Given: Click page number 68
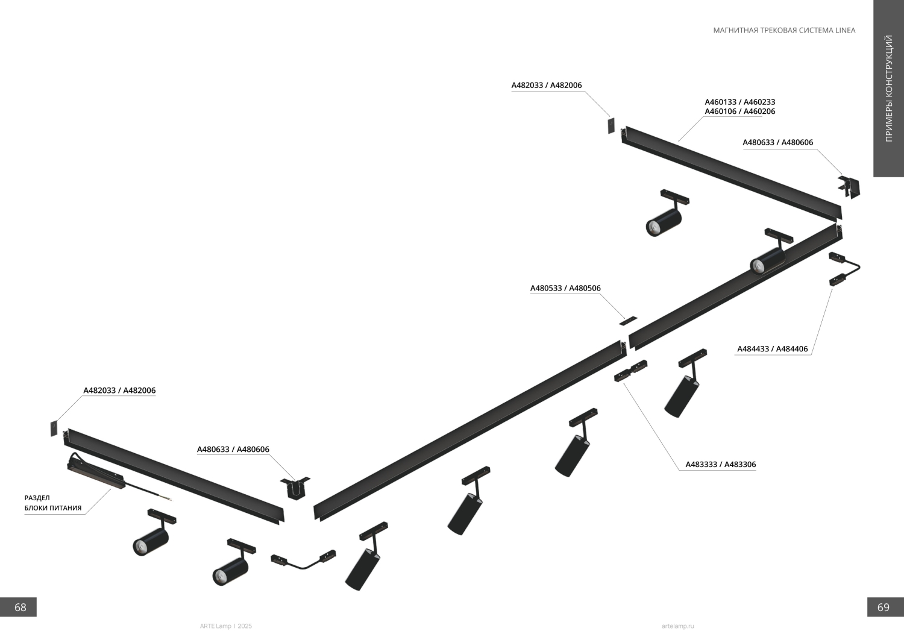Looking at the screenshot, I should pos(20,607).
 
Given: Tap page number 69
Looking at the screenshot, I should pos(883,607).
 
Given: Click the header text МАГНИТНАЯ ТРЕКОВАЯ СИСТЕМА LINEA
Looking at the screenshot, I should pos(783,30).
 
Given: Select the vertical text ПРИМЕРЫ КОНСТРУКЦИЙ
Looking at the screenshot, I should pos(888,89).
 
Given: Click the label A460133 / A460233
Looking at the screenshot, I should pos(739,102).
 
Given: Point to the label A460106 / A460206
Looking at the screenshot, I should pos(739,111).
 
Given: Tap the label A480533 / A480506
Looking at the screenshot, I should pos(565,288).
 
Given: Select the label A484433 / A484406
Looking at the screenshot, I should pos(772,349).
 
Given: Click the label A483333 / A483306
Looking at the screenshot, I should pos(720,465).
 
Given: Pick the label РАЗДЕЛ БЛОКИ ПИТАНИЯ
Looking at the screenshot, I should pos(52,503).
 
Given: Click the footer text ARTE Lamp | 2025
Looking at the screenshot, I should pos(225,626).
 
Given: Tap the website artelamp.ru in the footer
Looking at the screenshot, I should pos(677,626).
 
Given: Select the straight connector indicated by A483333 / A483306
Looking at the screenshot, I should pos(630,371).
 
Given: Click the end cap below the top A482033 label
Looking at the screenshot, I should pos(611,126).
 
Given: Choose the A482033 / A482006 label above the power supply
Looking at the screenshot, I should pos(119,391).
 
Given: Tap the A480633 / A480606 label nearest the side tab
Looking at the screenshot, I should pos(777,143).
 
